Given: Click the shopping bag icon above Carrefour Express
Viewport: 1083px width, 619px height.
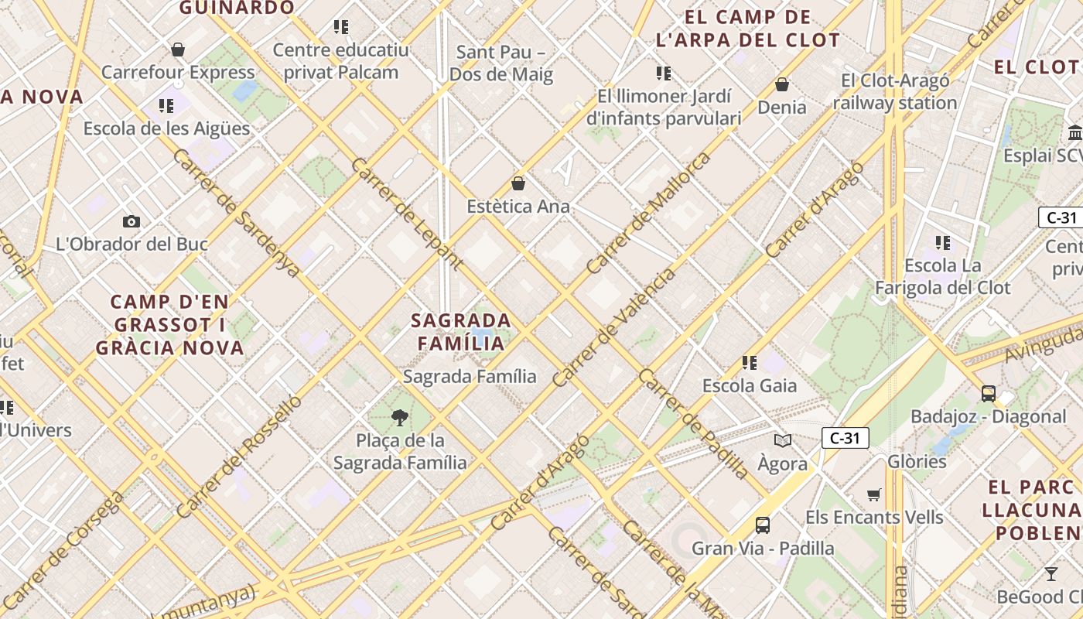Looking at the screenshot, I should click(x=178, y=50).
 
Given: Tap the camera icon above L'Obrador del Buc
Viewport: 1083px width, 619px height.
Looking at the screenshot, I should click(x=132, y=222).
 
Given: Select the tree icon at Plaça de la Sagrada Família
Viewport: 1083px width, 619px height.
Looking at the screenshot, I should click(x=400, y=419).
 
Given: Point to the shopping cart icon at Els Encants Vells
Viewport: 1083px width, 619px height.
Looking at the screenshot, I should click(x=874, y=494).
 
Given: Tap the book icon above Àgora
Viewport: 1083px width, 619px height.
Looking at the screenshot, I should click(x=783, y=441).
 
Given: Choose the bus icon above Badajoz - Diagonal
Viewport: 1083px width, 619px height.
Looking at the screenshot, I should click(x=988, y=394).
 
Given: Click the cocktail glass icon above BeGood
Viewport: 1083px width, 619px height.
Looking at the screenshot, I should click(x=1051, y=574).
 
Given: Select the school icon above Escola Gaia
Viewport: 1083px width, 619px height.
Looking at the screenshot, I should click(x=749, y=362).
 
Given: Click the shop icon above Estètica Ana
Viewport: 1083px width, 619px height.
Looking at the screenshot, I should click(x=518, y=184).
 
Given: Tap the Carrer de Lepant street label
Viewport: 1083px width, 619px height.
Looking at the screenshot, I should click(x=406, y=214).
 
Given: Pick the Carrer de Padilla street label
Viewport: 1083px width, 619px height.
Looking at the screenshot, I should click(x=693, y=422).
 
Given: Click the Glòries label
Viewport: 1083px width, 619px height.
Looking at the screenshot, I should click(x=917, y=462).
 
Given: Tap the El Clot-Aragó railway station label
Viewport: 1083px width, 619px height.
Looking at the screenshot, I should click(x=895, y=91).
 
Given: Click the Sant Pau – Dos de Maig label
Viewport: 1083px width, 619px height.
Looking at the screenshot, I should click(x=501, y=63).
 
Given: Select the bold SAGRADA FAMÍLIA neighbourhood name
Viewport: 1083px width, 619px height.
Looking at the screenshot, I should click(x=461, y=331).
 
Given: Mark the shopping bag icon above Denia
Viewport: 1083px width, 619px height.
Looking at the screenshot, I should click(x=782, y=84).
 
